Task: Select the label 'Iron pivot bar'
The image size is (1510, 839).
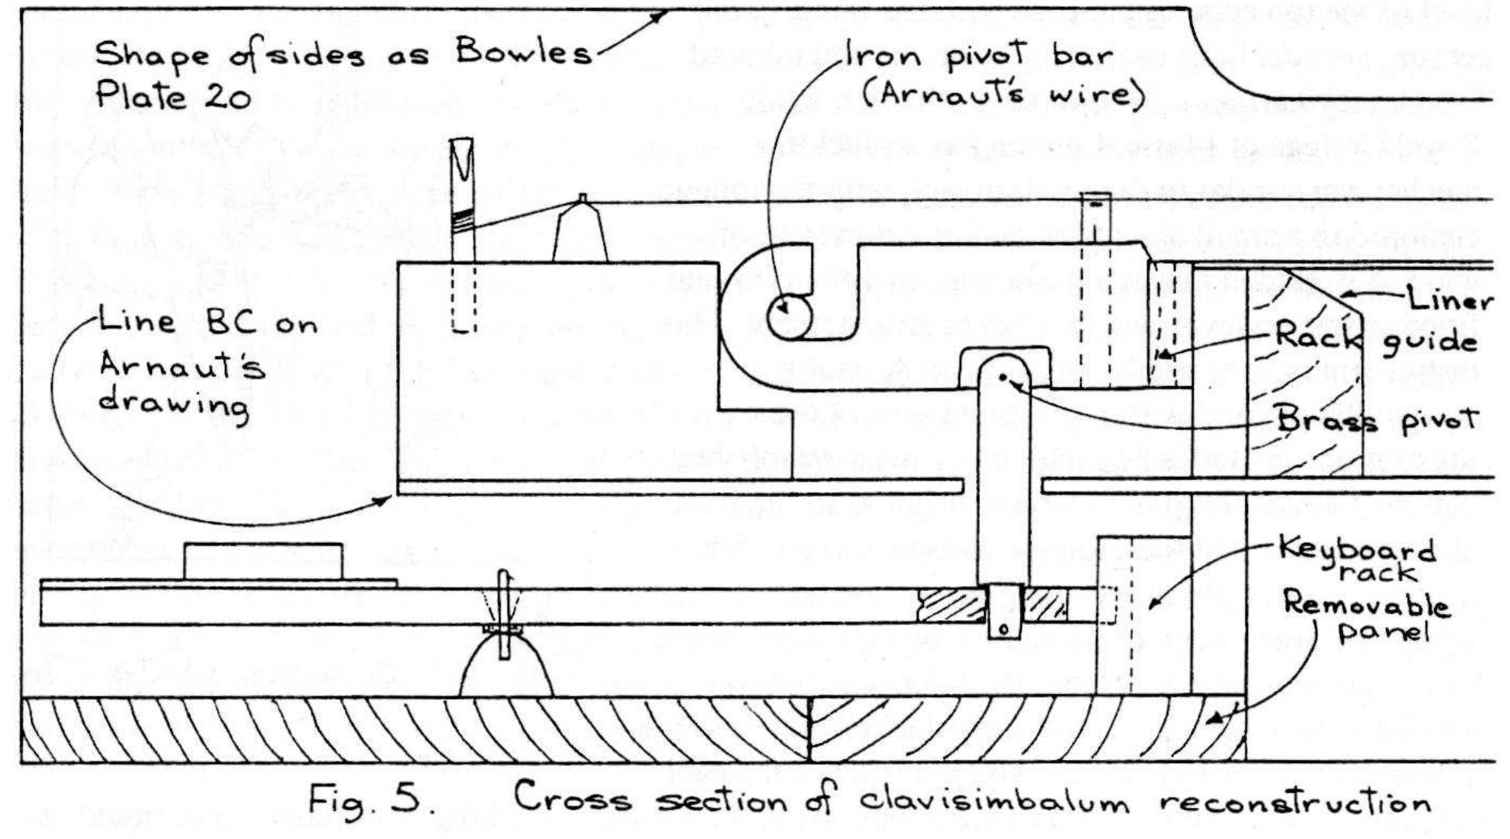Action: point(978,56)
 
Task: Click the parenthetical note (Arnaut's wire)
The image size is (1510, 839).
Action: point(1004,95)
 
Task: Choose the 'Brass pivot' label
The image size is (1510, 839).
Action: point(1377,419)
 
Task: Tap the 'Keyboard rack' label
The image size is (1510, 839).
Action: point(1357,560)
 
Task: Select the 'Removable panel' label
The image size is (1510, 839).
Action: point(1366,617)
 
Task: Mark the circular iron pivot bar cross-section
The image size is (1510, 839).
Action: point(789,316)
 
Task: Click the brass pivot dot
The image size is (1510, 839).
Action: point(1003,378)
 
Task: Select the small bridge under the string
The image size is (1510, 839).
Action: point(582,231)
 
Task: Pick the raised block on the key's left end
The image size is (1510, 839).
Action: point(263,561)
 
